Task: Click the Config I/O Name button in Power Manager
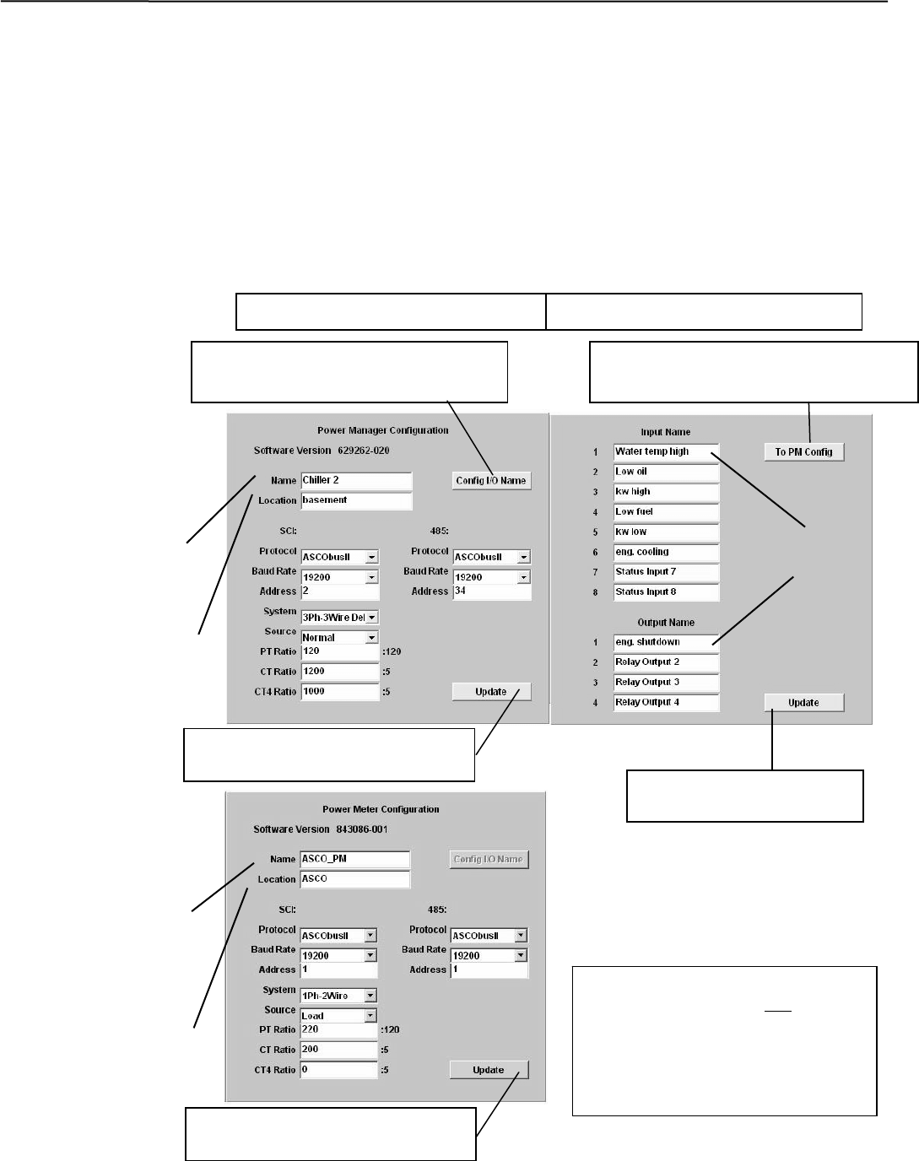coord(491,481)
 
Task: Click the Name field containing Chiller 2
coord(356,481)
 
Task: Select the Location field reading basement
coord(356,500)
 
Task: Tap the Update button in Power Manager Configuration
coord(491,692)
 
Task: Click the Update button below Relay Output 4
coord(803,702)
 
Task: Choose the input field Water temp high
coord(666,452)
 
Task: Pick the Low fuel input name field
coord(666,512)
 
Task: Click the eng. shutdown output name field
coord(666,643)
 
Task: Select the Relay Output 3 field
coord(666,683)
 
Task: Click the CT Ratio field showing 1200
coord(339,672)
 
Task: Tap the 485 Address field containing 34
coord(491,592)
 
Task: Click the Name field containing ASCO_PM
coord(354,860)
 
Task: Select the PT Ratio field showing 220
coord(338,1030)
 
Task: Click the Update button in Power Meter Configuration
coord(489,1070)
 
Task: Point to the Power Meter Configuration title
coord(381,809)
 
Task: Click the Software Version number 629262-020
coord(364,451)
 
